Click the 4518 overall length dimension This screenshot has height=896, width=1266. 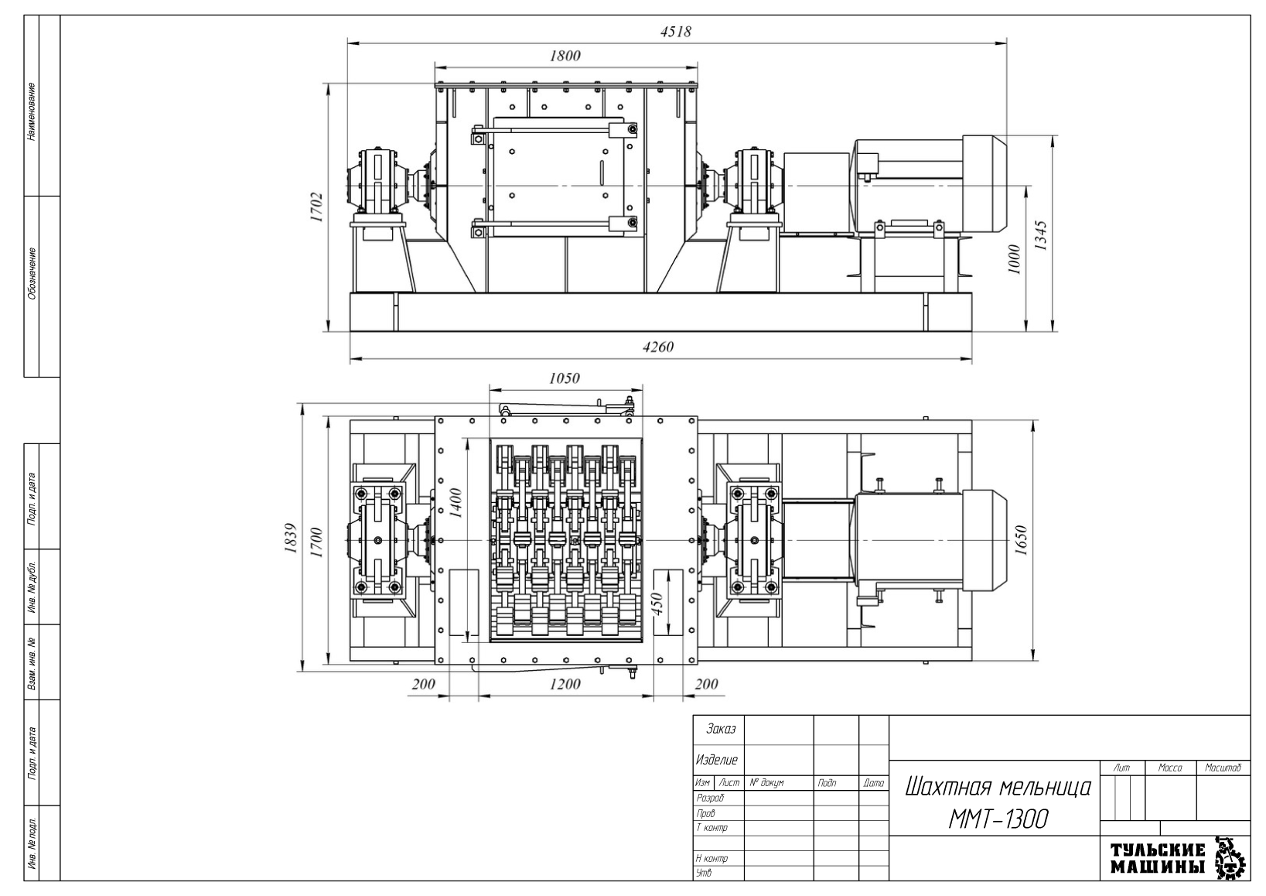pyautogui.click(x=675, y=32)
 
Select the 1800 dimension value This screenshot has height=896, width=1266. pyautogui.click(x=565, y=56)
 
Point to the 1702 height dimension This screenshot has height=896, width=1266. pyautogui.click(x=316, y=207)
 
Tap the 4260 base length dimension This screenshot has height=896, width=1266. pyautogui.click(x=658, y=347)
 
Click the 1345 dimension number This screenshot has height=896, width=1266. pyautogui.click(x=1040, y=235)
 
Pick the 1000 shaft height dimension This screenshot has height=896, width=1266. pyautogui.click(x=1015, y=259)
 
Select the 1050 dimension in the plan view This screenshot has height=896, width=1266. pyautogui.click(x=565, y=378)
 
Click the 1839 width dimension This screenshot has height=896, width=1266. pyautogui.click(x=291, y=538)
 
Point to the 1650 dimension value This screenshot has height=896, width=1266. pyautogui.click(x=1021, y=540)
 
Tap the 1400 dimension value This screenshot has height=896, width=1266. pyautogui.click(x=456, y=503)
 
